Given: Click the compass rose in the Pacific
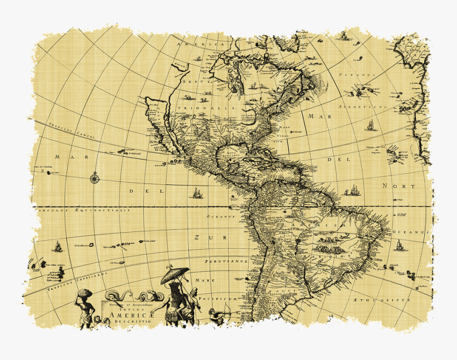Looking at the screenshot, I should [95, 177].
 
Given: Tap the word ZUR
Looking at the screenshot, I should [203, 237].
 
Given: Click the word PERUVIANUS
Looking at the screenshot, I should [227, 262].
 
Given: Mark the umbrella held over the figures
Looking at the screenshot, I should [175, 275].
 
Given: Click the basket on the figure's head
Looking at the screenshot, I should [85, 292].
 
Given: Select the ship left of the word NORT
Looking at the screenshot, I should [352, 190].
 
